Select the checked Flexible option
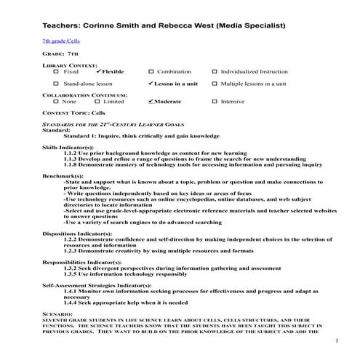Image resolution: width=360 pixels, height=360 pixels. click(98, 72)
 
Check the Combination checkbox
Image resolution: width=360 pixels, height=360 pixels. click(151, 72)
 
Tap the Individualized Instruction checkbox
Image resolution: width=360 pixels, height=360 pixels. click(215, 72)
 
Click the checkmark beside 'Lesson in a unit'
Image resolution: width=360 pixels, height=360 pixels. click(151, 84)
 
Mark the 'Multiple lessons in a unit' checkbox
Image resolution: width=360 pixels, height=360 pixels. click(215, 84)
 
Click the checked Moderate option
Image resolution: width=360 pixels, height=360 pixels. click(150, 101)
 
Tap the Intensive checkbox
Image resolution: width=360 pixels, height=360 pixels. click(215, 102)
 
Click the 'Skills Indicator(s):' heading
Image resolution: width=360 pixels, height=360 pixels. click(69, 147)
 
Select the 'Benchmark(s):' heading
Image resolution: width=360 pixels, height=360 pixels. click(63, 177)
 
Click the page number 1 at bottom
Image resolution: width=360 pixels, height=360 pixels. click(337, 341)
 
